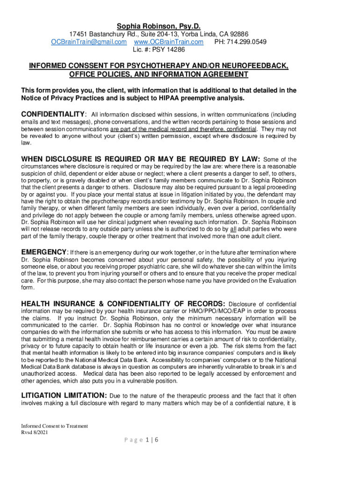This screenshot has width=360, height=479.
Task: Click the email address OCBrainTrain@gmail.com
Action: click(89, 42)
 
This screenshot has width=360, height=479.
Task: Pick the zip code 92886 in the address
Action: click(238, 34)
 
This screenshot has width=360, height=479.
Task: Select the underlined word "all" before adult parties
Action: click(233, 229)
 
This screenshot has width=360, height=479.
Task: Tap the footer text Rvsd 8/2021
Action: click(34, 432)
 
